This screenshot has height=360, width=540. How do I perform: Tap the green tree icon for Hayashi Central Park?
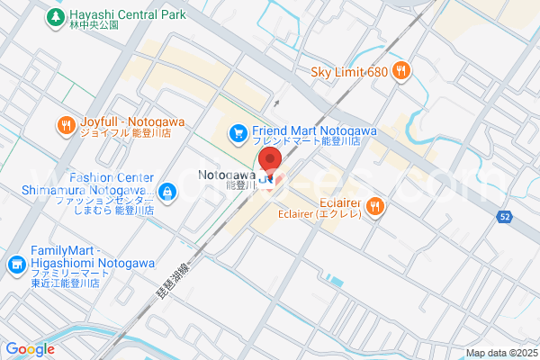point(56,16)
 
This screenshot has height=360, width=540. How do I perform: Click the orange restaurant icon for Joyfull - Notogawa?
point(66,126)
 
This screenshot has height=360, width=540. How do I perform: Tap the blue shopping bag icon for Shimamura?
point(167,191)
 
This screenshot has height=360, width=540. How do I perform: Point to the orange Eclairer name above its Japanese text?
point(341,202)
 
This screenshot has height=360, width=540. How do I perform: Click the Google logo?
point(30,349)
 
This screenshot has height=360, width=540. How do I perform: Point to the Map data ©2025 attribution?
point(500,352)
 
